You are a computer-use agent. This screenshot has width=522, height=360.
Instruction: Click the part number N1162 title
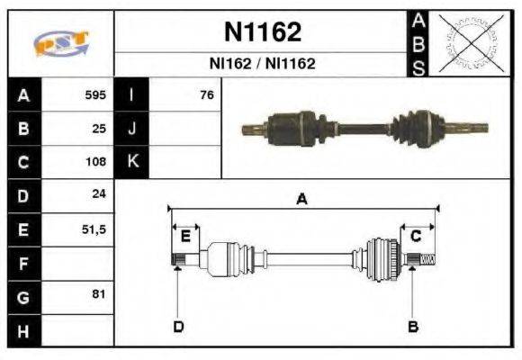pos(262,32)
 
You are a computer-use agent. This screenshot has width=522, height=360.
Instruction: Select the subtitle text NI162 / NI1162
pos(262,64)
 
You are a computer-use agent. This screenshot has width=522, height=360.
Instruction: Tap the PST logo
pos(61,44)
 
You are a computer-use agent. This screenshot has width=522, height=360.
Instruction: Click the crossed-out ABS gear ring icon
pos(468,42)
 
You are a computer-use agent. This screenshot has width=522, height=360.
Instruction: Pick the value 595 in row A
pos(95,94)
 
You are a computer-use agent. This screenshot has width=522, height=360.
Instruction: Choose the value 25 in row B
pos(99,129)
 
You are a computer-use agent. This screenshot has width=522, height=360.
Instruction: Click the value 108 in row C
pos(95,163)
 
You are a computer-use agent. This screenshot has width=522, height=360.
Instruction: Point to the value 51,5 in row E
pos(94,229)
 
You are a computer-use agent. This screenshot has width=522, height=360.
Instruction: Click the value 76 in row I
pos(206,94)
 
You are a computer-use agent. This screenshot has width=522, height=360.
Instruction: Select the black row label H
pos(23,330)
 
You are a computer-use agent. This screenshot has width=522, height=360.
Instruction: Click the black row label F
pos(23,264)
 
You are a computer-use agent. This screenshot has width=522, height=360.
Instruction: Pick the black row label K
pos(131,163)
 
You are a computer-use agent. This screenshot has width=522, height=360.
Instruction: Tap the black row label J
pos(131,129)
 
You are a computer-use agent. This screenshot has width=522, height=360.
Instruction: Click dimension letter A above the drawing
pos(302,200)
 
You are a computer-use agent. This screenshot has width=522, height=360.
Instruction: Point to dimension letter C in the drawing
pos(416,236)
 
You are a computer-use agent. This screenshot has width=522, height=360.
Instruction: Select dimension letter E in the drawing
pos(185,236)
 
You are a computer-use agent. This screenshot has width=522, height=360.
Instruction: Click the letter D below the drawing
pos(178,326)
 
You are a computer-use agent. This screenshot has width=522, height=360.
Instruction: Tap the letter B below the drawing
pos(413,326)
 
